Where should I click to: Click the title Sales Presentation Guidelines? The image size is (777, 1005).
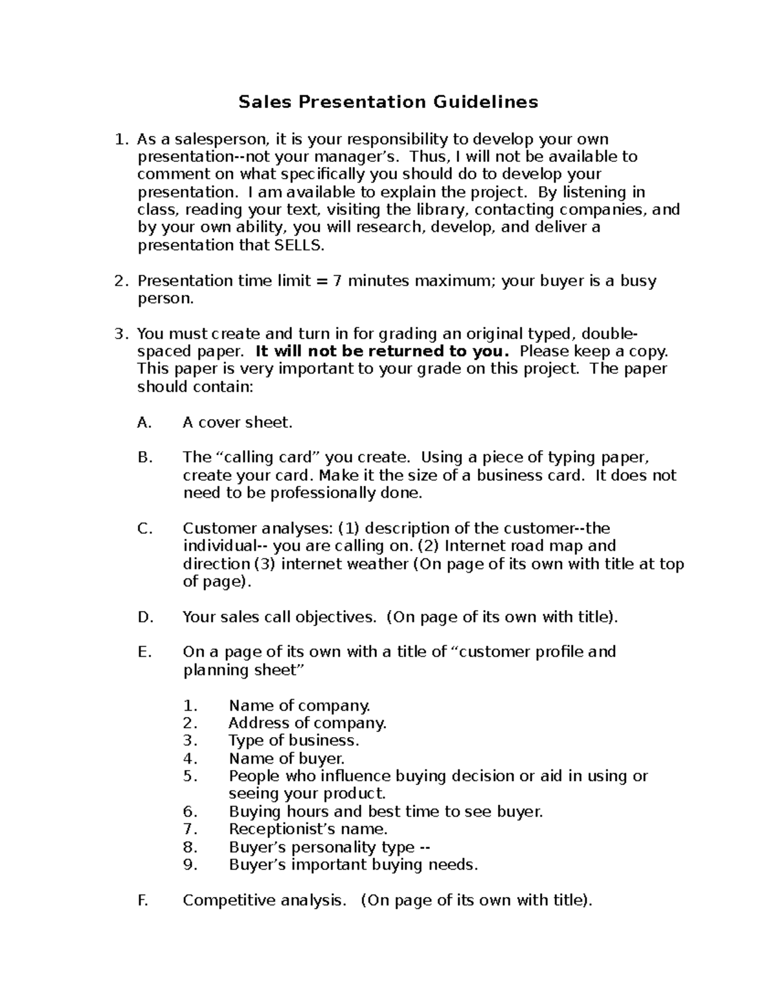point(388,102)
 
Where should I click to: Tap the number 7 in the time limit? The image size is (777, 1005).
point(337,281)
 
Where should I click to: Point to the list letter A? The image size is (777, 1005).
point(144,423)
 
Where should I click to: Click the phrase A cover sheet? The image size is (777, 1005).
point(238,423)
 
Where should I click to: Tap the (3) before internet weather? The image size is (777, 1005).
point(264,564)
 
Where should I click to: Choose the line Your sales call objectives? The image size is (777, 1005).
point(279,617)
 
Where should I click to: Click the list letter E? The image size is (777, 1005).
point(144,652)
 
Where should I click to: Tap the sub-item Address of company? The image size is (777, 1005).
point(308,723)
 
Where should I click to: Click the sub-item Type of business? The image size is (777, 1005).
point(294,740)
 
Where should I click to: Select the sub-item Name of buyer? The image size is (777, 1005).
point(287,758)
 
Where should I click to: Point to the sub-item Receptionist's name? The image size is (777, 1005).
point(308,829)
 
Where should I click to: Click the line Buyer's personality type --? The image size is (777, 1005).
point(330,847)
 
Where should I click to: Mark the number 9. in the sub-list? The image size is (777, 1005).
point(190,865)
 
